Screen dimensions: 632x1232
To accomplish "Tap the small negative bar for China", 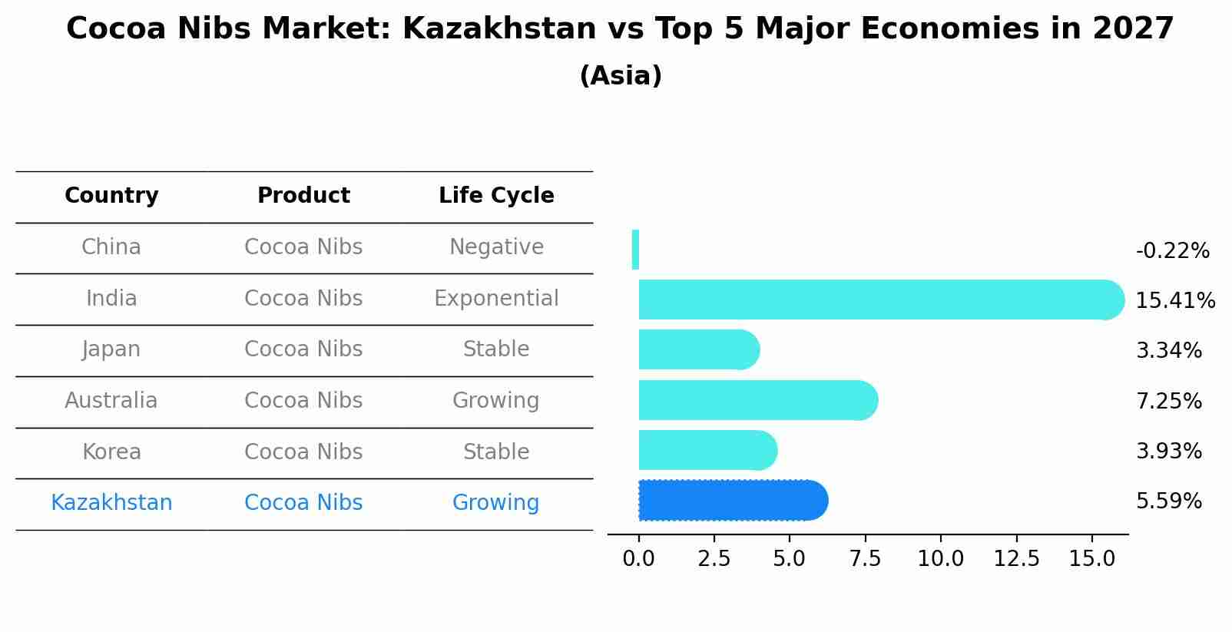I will pyautogui.click(x=635, y=250).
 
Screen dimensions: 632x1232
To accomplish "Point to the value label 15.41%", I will pyautogui.click(x=1174, y=301).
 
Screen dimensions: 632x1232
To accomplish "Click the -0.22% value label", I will pyautogui.click(x=1172, y=251).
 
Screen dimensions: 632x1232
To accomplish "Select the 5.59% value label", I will pyautogui.click(x=1168, y=501).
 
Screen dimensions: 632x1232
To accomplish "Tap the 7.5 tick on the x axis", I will pyautogui.click(x=865, y=559).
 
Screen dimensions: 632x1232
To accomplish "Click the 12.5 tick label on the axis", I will pyautogui.click(x=1016, y=559).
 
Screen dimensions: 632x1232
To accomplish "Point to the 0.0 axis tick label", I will pyautogui.click(x=638, y=559).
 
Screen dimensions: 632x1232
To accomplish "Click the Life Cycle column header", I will pyautogui.click(x=496, y=196).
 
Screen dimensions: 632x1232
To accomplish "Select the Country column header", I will pyautogui.click(x=111, y=196).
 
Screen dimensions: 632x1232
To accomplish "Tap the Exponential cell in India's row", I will pyautogui.click(x=496, y=299).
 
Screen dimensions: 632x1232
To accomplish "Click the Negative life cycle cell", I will pyautogui.click(x=496, y=247).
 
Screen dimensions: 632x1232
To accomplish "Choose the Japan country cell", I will pyautogui.click(x=111, y=349).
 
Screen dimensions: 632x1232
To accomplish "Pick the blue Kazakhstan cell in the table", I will pyautogui.click(x=111, y=503).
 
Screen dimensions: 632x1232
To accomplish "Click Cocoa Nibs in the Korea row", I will pyautogui.click(x=303, y=452).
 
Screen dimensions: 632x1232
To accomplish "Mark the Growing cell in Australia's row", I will pyautogui.click(x=496, y=401).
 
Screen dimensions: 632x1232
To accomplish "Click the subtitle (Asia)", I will pyautogui.click(x=621, y=76).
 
